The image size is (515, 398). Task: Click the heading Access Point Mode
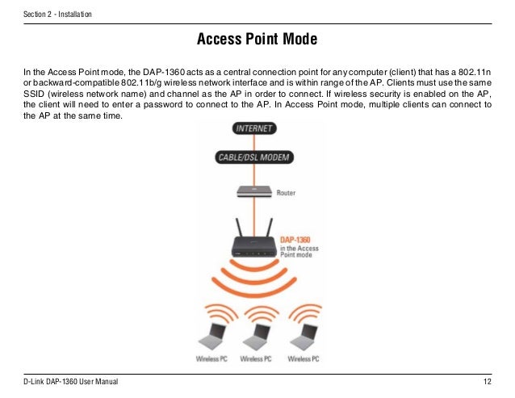point(257,40)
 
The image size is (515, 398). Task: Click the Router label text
point(286,194)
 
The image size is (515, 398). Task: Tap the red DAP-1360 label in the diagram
point(295,240)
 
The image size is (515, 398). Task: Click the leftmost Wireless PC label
point(211,358)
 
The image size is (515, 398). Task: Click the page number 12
point(487,381)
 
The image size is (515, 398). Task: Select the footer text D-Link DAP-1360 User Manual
point(71,381)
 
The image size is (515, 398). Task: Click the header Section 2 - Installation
point(57,15)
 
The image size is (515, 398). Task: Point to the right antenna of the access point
point(273,225)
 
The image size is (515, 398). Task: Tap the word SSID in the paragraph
point(34,93)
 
